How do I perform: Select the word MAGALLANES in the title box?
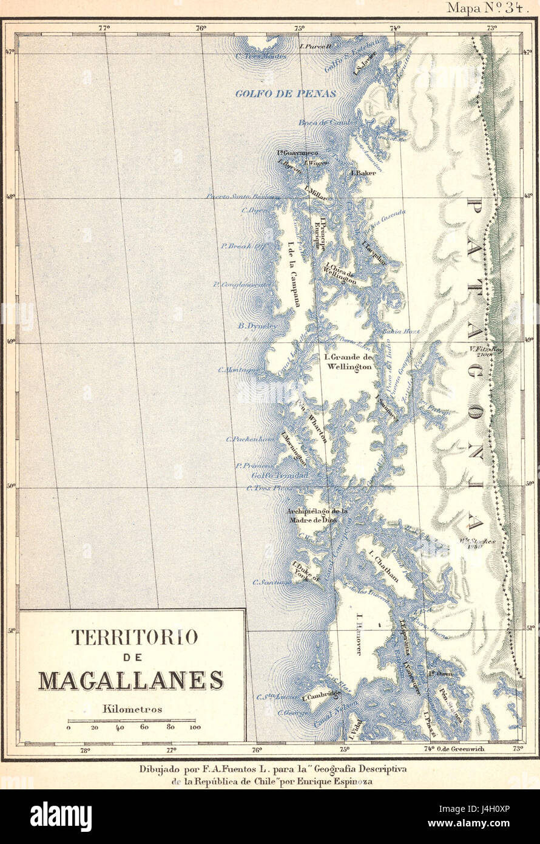point(131,680)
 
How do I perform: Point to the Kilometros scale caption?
point(132,709)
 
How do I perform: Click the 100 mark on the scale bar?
point(195,727)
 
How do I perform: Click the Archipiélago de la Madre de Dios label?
point(317,516)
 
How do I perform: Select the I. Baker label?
point(363,173)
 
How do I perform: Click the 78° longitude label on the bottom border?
point(84,750)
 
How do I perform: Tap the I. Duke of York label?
point(302,571)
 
